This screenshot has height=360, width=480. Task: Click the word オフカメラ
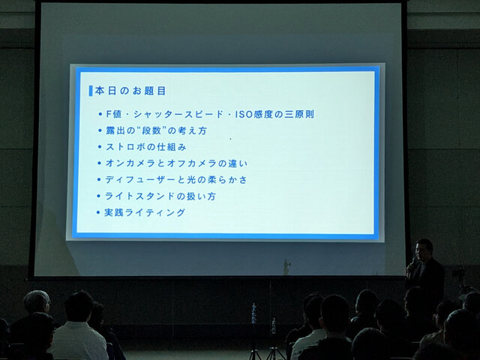coord(190,163)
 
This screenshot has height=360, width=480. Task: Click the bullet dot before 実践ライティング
coord(99,213)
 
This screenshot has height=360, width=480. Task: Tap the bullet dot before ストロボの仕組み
coord(99,148)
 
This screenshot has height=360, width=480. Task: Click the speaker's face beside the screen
coord(424,250)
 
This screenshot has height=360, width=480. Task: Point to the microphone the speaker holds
coord(412,263)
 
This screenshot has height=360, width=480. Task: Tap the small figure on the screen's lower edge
coord(286,266)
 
